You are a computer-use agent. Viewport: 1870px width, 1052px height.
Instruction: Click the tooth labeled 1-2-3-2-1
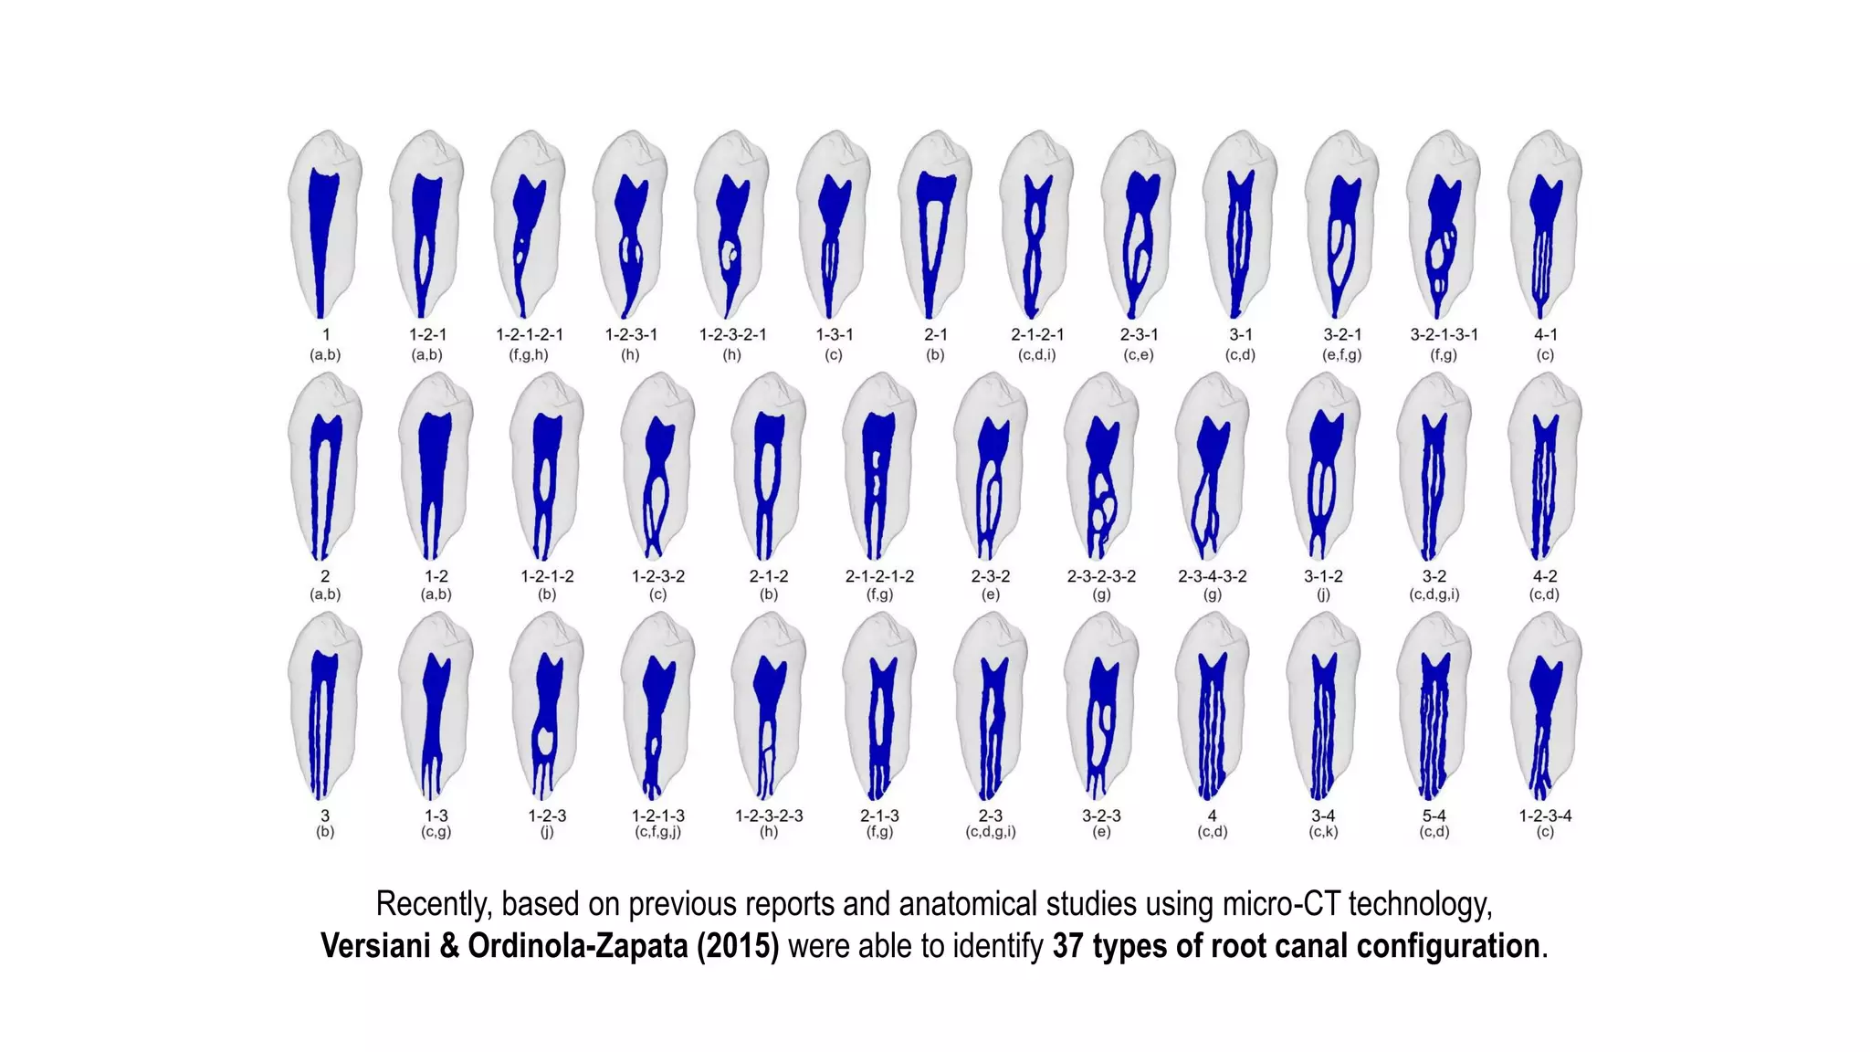[731, 228]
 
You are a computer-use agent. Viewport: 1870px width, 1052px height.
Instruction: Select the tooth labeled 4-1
[1545, 228]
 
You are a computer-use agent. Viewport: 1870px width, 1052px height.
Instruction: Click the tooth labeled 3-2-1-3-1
[1444, 228]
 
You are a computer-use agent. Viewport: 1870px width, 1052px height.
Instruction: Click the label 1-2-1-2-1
[529, 335]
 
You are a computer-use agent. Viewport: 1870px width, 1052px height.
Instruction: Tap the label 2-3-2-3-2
[1101, 576]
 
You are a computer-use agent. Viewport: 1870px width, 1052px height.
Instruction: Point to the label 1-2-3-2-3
[769, 815]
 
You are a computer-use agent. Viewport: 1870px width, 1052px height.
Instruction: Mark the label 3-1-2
[1323, 576]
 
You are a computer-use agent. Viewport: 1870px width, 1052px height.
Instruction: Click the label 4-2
[1545, 576]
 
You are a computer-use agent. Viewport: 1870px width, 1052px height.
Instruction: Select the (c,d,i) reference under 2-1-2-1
[1037, 355]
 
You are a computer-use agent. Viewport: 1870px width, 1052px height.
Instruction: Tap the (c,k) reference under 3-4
[1323, 832]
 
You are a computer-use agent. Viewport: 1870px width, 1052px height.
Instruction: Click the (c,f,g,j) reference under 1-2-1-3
[657, 832]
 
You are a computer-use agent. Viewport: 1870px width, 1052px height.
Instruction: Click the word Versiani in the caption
[375, 946]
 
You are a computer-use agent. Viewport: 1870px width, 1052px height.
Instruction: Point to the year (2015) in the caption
[738, 946]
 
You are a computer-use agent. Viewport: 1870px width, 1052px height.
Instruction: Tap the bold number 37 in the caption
[1067, 946]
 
